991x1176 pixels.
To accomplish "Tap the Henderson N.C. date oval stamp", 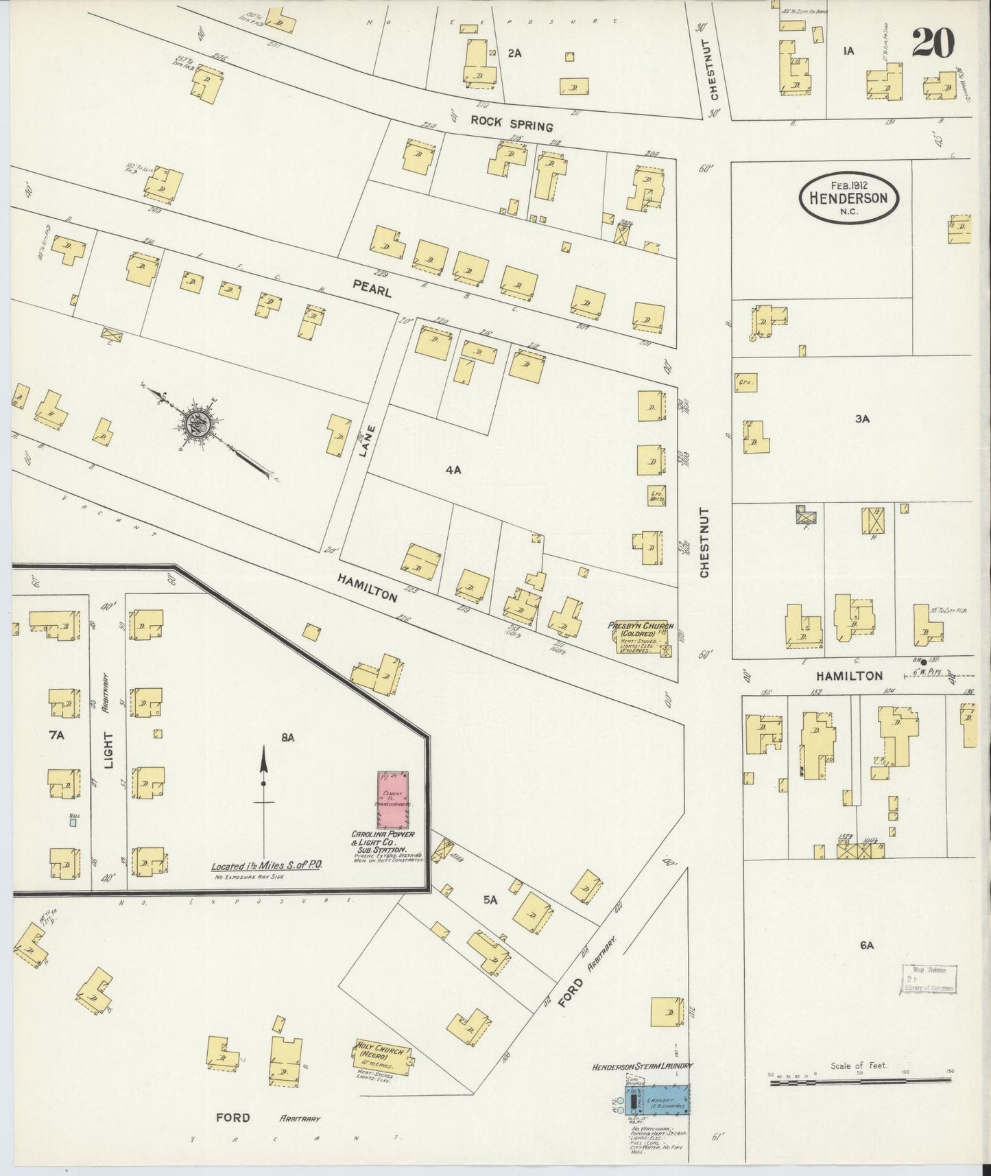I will tap(848, 198).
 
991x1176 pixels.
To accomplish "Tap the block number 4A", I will tap(453, 471).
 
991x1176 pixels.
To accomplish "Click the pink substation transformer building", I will tap(394, 800).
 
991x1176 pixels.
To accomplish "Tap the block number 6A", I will tap(867, 945).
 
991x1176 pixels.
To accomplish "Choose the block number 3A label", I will tap(862, 419).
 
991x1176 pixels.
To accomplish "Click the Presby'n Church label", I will tap(641, 626).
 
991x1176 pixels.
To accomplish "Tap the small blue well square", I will tap(72, 821).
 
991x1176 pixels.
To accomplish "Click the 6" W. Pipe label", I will tap(929, 673).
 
